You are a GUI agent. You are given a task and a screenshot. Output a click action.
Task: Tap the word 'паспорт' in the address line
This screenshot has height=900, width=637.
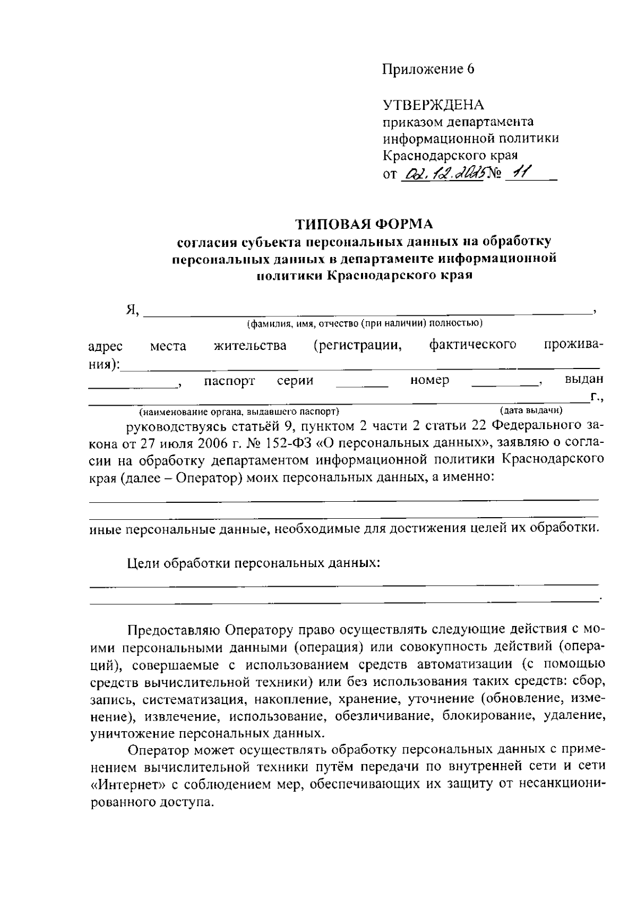point(229,381)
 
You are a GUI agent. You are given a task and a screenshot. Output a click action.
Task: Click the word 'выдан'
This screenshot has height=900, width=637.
point(584,380)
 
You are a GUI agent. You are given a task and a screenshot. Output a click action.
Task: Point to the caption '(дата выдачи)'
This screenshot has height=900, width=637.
point(531,410)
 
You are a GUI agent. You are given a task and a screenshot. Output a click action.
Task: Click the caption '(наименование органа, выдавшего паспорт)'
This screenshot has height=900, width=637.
point(238,412)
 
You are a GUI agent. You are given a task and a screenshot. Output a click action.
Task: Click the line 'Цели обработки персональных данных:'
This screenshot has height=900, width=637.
point(254,563)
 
